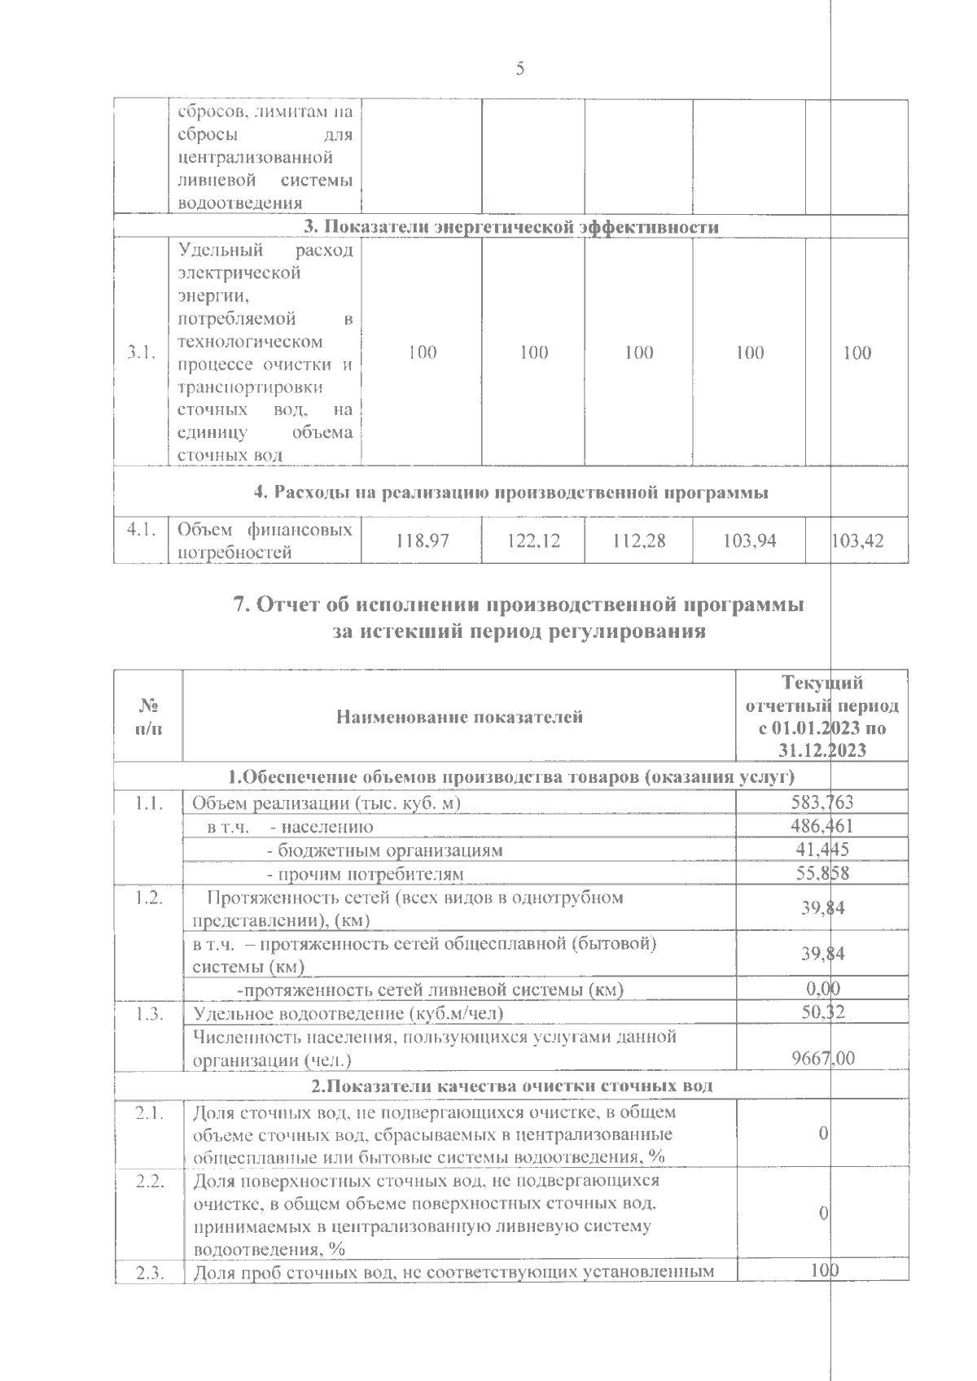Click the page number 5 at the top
519,69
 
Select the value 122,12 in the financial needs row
533,540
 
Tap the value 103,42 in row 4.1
857,540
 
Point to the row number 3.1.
141,352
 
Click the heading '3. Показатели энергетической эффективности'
511,227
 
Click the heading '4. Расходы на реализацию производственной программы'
511,492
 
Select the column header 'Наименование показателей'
459,717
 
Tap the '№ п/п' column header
148,716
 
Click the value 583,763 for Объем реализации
822,803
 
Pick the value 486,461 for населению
822,827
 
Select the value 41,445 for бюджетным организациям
822,850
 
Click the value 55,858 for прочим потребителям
822,874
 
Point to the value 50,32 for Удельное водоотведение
822,1013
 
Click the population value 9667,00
823,1060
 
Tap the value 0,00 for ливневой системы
822,990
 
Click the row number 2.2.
148,1181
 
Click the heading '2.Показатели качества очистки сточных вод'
511,1086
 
